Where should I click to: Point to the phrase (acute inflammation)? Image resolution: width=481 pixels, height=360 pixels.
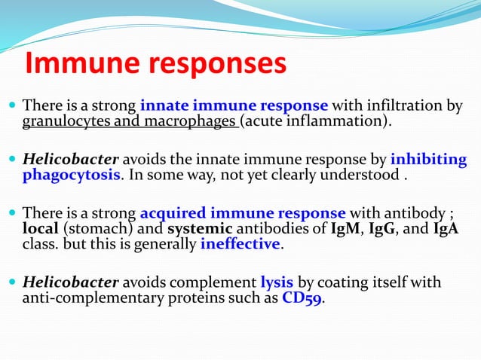[317, 121]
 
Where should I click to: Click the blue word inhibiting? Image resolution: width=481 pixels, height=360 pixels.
[428, 160]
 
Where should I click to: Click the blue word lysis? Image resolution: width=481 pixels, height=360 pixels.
[277, 282]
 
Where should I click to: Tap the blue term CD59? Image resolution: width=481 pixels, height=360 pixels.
[302, 298]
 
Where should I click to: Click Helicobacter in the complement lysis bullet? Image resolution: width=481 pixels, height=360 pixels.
[71, 282]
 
